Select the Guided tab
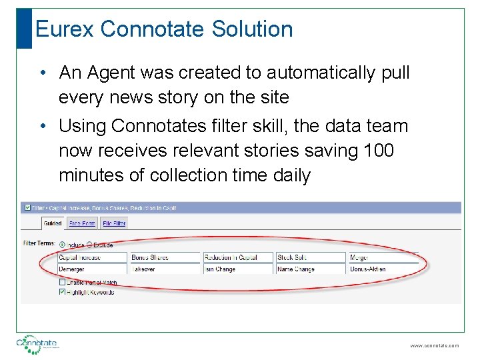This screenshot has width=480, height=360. [53, 223]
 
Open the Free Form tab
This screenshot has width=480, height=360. [82, 223]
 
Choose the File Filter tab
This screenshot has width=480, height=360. [114, 223]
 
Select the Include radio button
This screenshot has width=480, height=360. [63, 245]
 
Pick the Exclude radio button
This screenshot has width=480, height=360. [89, 245]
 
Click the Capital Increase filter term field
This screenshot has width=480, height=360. [92, 257]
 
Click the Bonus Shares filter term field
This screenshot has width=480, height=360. [165, 257]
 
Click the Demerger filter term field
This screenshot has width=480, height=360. [92, 269]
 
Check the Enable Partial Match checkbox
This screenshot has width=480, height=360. [62, 283]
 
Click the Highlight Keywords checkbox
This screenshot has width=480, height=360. [62, 291]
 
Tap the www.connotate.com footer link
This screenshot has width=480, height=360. [434, 346]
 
